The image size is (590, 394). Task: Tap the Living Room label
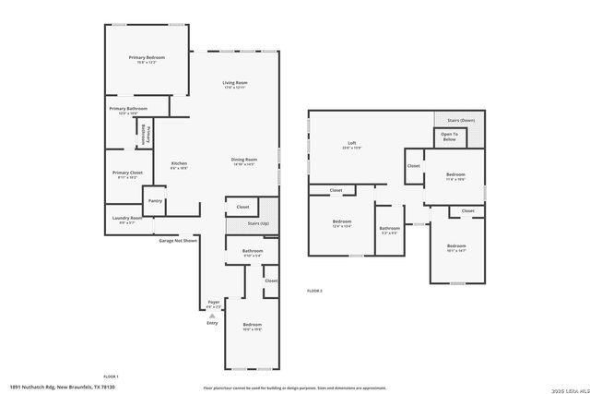[x=235, y=84]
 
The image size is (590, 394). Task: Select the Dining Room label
[x=243, y=161]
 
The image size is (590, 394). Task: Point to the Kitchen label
[x=179, y=164]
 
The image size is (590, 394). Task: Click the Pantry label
[x=155, y=200]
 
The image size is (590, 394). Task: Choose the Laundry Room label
[x=127, y=219]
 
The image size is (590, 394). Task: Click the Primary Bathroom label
[x=128, y=109]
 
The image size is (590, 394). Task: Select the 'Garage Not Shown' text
[x=178, y=240]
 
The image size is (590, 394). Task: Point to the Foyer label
[x=213, y=302]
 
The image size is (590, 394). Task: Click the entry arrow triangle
[x=212, y=316]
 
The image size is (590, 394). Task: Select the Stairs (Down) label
[x=462, y=120]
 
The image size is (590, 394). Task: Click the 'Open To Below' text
[x=449, y=137]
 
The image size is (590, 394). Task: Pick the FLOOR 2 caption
[x=314, y=291]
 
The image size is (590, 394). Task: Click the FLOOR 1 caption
[x=111, y=376]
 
